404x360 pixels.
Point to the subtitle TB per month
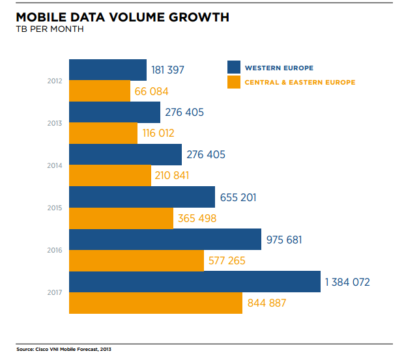[50, 30]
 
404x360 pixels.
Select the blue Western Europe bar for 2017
[194, 282]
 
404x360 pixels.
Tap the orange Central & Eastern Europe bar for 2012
[100, 91]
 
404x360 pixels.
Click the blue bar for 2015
[142, 197]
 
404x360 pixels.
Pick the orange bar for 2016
[136, 260]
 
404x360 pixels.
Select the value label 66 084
[151, 91]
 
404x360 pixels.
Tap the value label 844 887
[267, 303]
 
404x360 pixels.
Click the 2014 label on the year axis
[55, 165]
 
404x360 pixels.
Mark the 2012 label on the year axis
[55, 81]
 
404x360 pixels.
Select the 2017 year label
[55, 292]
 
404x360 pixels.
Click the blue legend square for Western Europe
[234, 67]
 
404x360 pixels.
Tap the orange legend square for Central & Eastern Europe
[234, 82]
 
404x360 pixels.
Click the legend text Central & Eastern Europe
[299, 82]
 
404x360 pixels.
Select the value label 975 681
[284, 240]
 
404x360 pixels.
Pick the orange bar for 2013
[103, 133]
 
